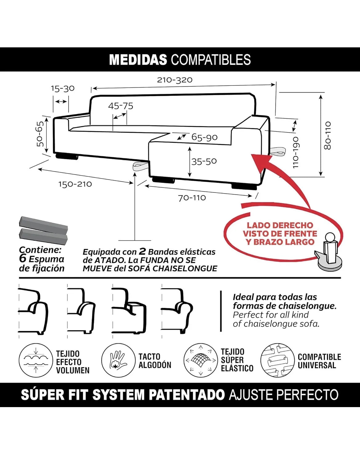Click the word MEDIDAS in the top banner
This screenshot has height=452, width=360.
click(x=138, y=60)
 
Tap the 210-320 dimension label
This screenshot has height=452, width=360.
click(x=175, y=80)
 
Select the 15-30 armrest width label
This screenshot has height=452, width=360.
click(x=63, y=89)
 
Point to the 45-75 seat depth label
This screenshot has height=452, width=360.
click(x=121, y=106)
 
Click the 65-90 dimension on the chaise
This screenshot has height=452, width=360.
click(x=204, y=137)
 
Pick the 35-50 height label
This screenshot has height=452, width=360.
click(x=204, y=161)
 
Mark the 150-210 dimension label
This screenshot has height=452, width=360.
click(x=75, y=184)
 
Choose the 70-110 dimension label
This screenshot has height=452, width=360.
click(x=192, y=198)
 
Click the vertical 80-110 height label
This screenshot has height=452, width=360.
click(x=327, y=136)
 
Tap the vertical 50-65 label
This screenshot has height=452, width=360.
click(x=40, y=134)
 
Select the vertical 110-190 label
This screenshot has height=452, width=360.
click(x=295, y=152)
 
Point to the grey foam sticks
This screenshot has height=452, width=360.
click(x=43, y=230)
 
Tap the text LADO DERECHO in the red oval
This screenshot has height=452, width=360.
click(x=280, y=225)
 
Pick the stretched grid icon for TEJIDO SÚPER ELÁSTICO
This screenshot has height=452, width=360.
click(x=201, y=360)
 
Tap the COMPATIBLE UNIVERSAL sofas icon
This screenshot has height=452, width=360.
click(x=278, y=360)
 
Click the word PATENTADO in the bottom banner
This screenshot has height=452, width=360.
click(x=187, y=395)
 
